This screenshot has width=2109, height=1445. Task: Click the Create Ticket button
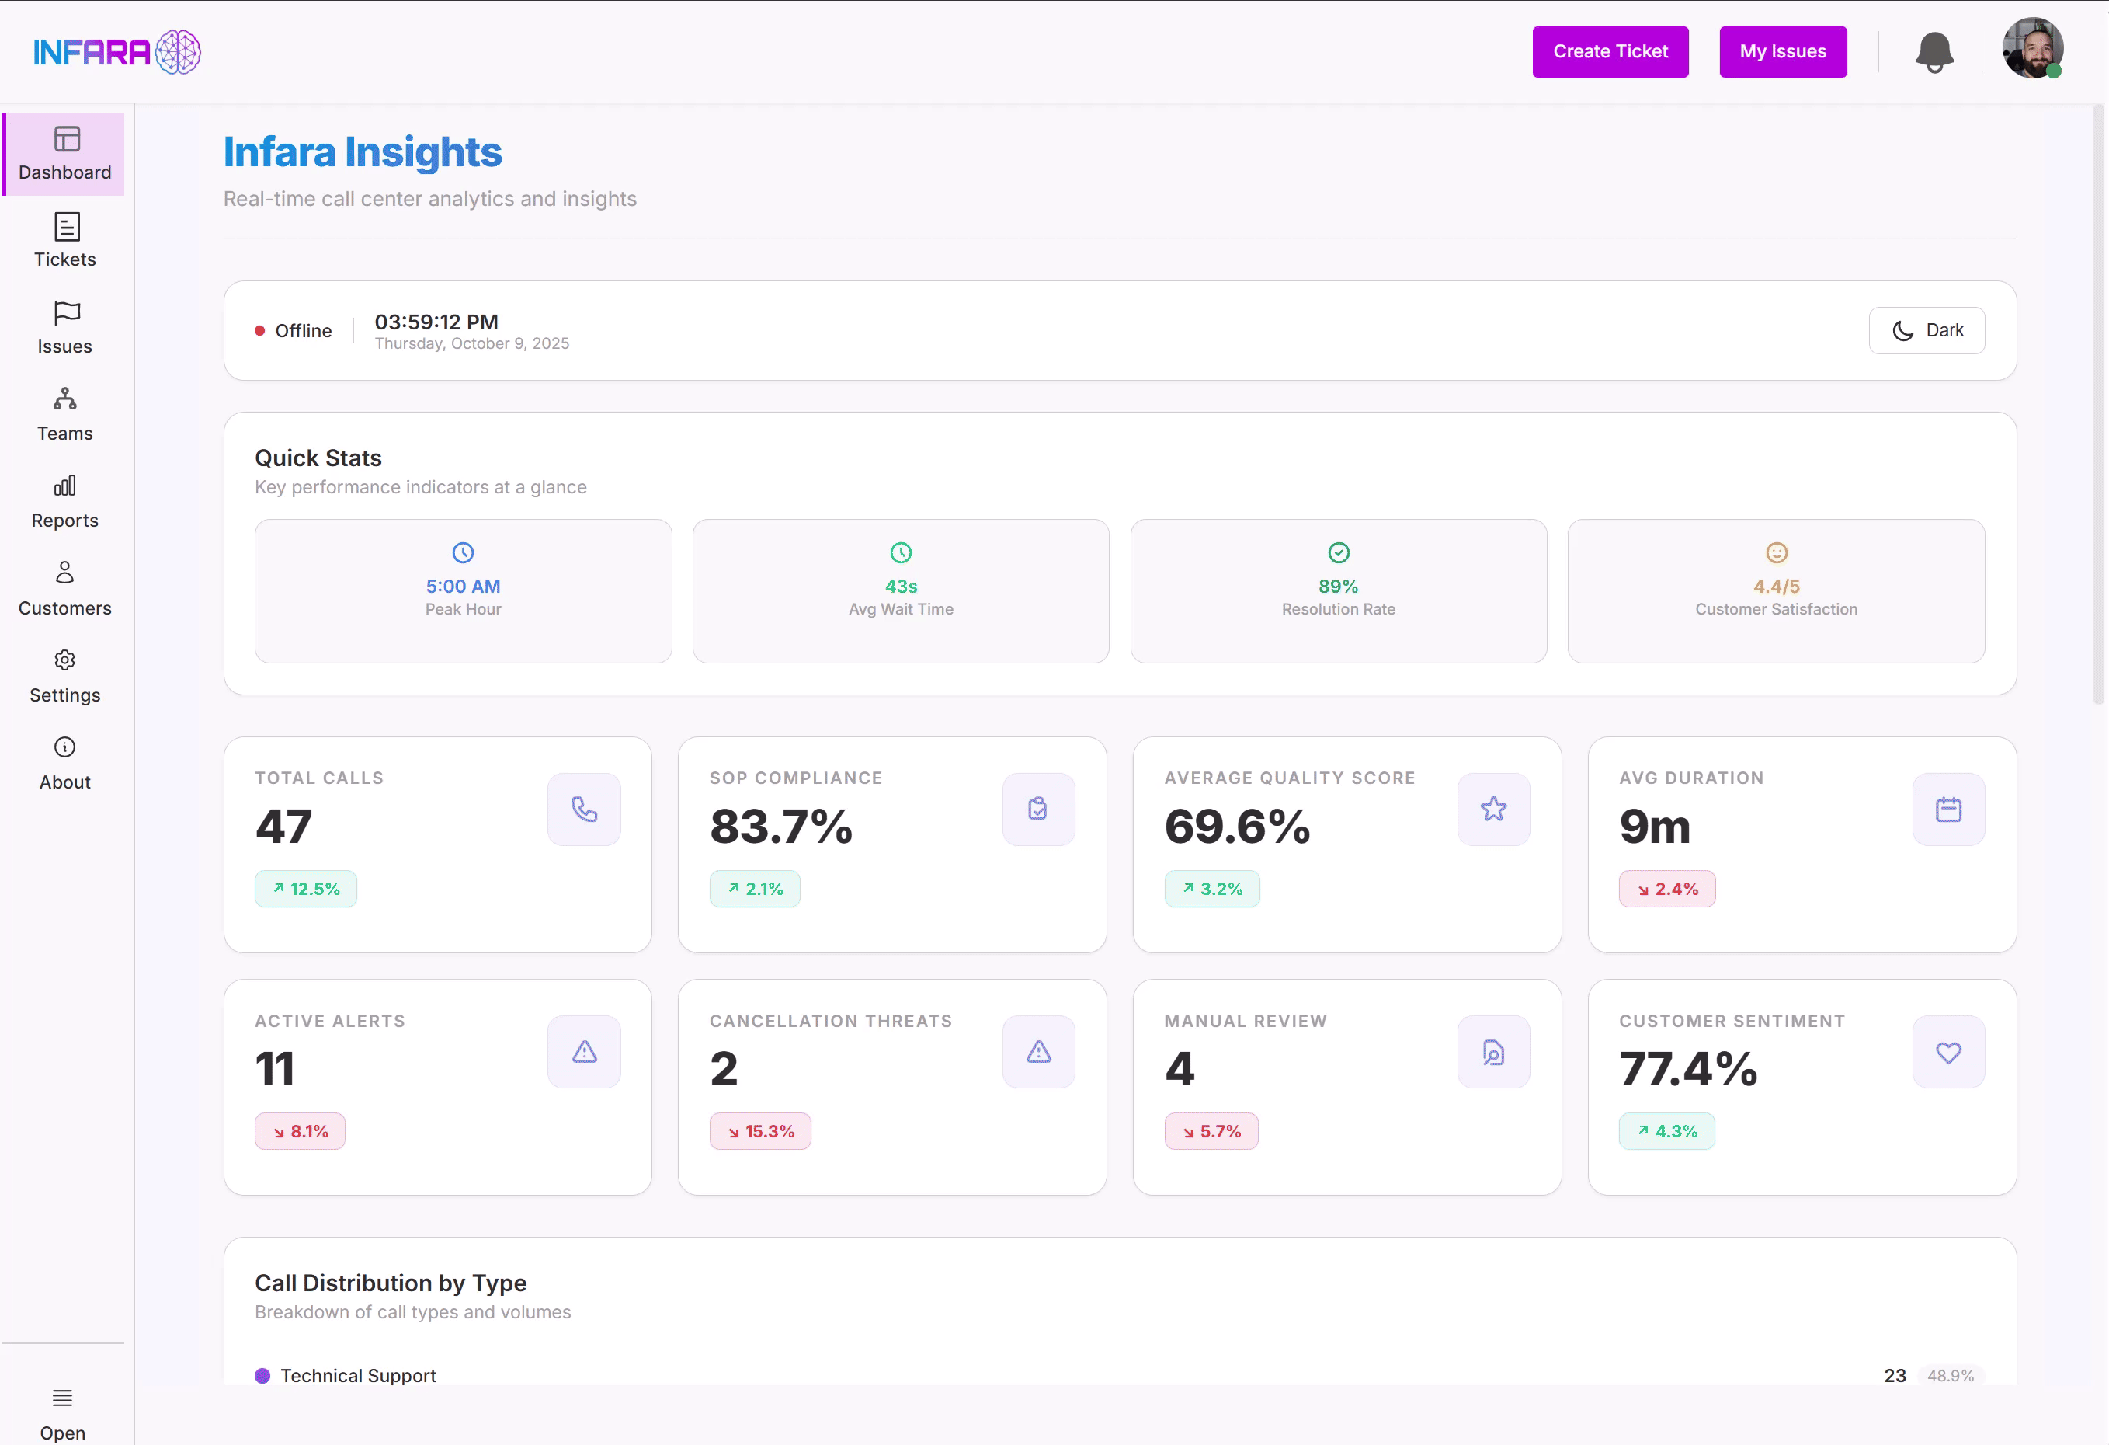1610,52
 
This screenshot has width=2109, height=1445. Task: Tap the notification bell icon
1934,52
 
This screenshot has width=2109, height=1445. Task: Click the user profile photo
2032,49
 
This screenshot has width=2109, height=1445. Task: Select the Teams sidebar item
65,415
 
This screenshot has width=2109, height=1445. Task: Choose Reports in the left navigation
65,502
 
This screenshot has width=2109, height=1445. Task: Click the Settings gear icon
64,660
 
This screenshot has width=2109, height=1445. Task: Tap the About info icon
64,747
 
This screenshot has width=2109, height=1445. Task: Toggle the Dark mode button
1927,330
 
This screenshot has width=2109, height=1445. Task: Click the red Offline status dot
259,331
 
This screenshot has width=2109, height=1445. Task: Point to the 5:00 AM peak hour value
463,587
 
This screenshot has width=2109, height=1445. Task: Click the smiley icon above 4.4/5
1776,553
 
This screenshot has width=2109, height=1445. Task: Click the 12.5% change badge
306,889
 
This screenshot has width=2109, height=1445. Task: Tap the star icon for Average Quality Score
1492,809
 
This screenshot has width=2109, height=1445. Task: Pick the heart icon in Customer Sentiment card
1948,1052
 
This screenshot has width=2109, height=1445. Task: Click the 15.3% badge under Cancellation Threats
759,1132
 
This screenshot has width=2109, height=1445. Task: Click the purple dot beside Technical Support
262,1376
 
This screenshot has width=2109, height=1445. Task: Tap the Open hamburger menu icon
63,1398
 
